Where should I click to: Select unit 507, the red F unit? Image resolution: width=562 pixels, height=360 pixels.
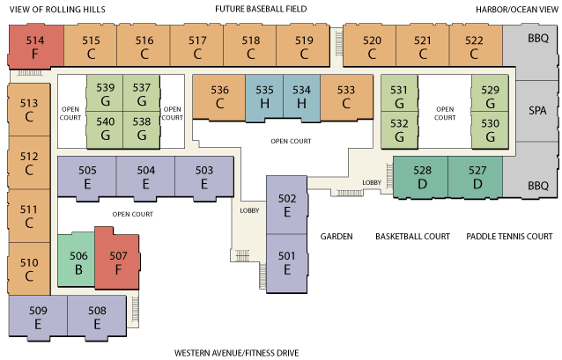click(x=118, y=261)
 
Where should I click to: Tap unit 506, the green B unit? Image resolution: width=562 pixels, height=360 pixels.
click(x=78, y=261)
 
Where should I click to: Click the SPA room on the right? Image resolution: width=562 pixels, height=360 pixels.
click(x=537, y=112)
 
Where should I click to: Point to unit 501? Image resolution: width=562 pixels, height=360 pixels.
click(x=286, y=262)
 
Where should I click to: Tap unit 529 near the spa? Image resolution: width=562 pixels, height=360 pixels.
click(x=490, y=97)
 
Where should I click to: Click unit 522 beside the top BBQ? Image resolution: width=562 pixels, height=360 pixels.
click(x=474, y=47)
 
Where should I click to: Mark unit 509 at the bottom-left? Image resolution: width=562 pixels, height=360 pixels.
click(x=37, y=317)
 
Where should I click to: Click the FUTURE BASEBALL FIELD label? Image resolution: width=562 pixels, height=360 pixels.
click(x=260, y=10)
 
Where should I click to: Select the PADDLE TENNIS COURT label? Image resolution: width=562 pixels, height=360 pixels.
click(x=509, y=237)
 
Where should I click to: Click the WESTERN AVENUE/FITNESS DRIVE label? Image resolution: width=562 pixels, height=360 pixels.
click(x=236, y=353)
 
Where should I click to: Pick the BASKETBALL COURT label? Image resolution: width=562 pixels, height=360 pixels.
click(x=412, y=237)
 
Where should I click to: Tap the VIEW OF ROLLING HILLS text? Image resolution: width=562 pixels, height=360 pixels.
click(x=50, y=10)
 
